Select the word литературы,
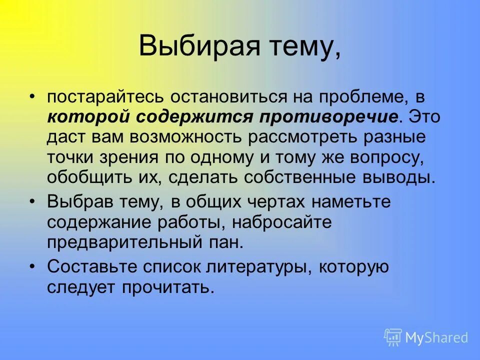tap(256, 267)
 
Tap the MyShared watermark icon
tap(393, 337)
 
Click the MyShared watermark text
tap(436, 337)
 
